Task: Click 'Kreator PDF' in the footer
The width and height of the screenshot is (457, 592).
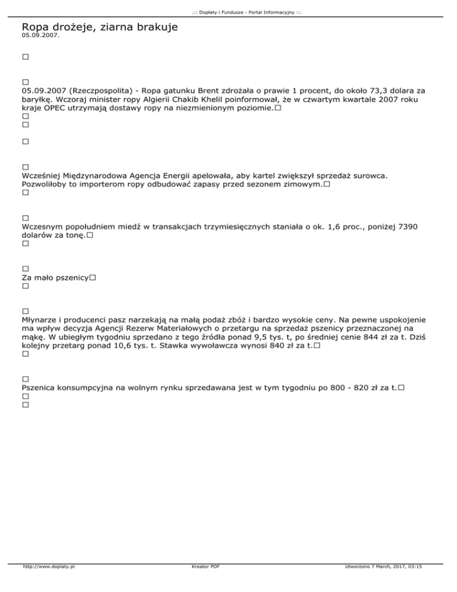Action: coord(203,567)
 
